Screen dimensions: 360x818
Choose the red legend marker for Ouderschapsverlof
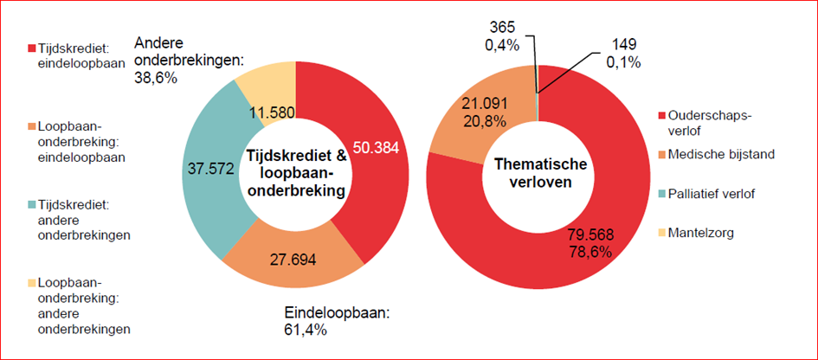click(x=664, y=115)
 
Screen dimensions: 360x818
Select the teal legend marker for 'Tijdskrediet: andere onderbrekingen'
click(x=31, y=205)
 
